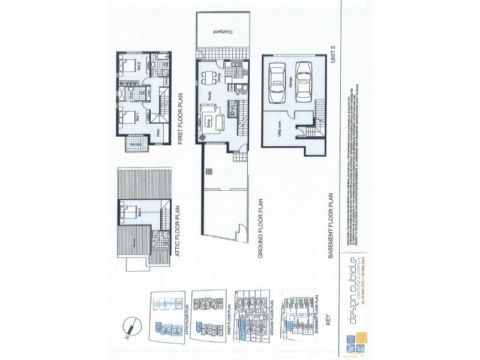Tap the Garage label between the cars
pos(290,85)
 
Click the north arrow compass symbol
pos(130,326)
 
